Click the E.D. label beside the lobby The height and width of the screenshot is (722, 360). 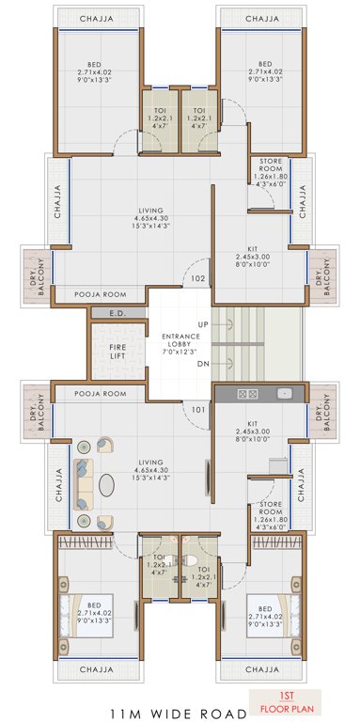(117, 313)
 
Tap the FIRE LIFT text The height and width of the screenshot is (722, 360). (117, 352)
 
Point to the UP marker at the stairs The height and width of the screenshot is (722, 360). (203, 323)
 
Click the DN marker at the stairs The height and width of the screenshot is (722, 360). (203, 363)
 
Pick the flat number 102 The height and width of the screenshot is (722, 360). (197, 279)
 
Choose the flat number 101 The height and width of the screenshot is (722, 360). (197, 409)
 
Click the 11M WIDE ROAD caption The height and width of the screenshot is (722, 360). (180, 713)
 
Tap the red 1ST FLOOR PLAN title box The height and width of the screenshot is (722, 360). (288, 699)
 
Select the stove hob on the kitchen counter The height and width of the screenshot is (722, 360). (249, 393)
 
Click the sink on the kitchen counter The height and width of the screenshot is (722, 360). (285, 393)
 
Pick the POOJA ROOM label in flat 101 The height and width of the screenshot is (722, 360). (100, 393)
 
